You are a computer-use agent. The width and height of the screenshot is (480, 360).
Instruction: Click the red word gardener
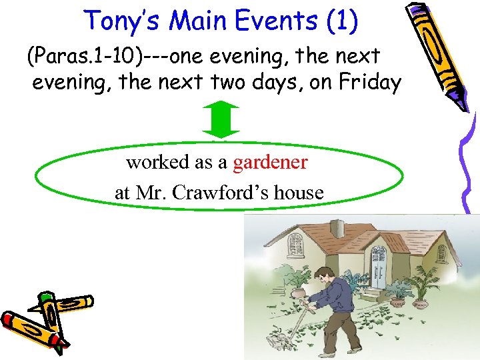[x=270, y=162]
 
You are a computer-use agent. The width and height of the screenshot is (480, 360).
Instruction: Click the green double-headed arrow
[x=219, y=120]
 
